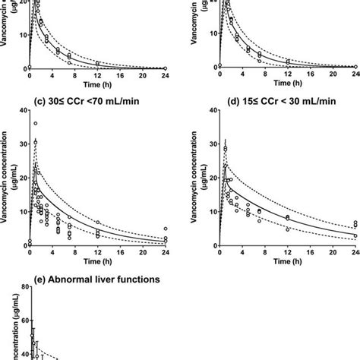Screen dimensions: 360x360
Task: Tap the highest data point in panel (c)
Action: (x=35, y=123)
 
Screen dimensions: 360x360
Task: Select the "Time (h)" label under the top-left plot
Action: (x=97, y=85)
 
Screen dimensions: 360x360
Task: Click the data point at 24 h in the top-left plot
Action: (x=166, y=68)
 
